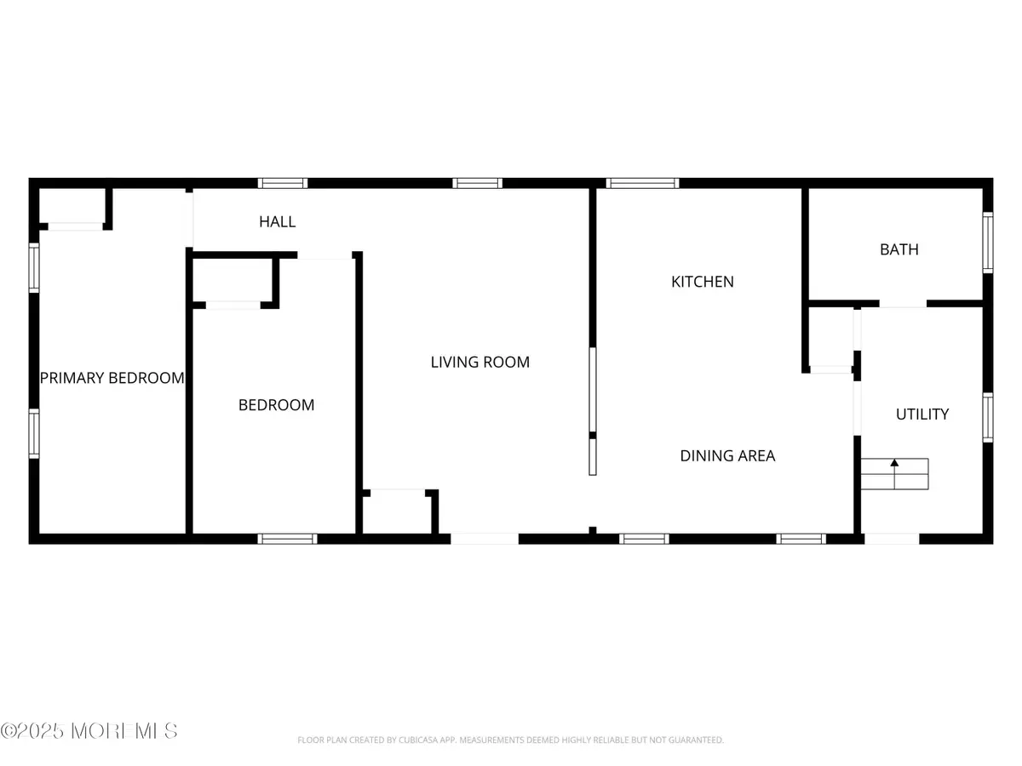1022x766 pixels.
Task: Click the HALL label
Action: click(x=278, y=222)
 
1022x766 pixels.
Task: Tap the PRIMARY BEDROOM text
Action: click(x=112, y=378)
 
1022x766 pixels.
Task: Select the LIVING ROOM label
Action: click(x=479, y=363)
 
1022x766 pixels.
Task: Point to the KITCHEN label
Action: click(x=703, y=282)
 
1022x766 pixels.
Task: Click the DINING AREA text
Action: click(x=727, y=456)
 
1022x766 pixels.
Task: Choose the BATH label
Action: click(x=899, y=250)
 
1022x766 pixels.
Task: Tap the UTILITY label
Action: click(x=922, y=414)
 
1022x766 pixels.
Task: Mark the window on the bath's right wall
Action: click(x=988, y=242)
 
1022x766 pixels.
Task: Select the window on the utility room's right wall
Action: click(x=988, y=417)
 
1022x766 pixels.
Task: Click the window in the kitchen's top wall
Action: click(x=642, y=182)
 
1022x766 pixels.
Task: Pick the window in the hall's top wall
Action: click(x=283, y=182)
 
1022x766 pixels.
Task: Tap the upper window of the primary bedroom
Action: click(x=34, y=268)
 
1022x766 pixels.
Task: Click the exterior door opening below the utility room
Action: click(x=892, y=538)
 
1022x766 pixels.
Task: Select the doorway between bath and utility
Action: click(x=903, y=304)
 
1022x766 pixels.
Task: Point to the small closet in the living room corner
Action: click(x=397, y=512)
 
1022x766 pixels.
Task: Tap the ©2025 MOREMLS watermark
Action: click(x=89, y=730)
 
